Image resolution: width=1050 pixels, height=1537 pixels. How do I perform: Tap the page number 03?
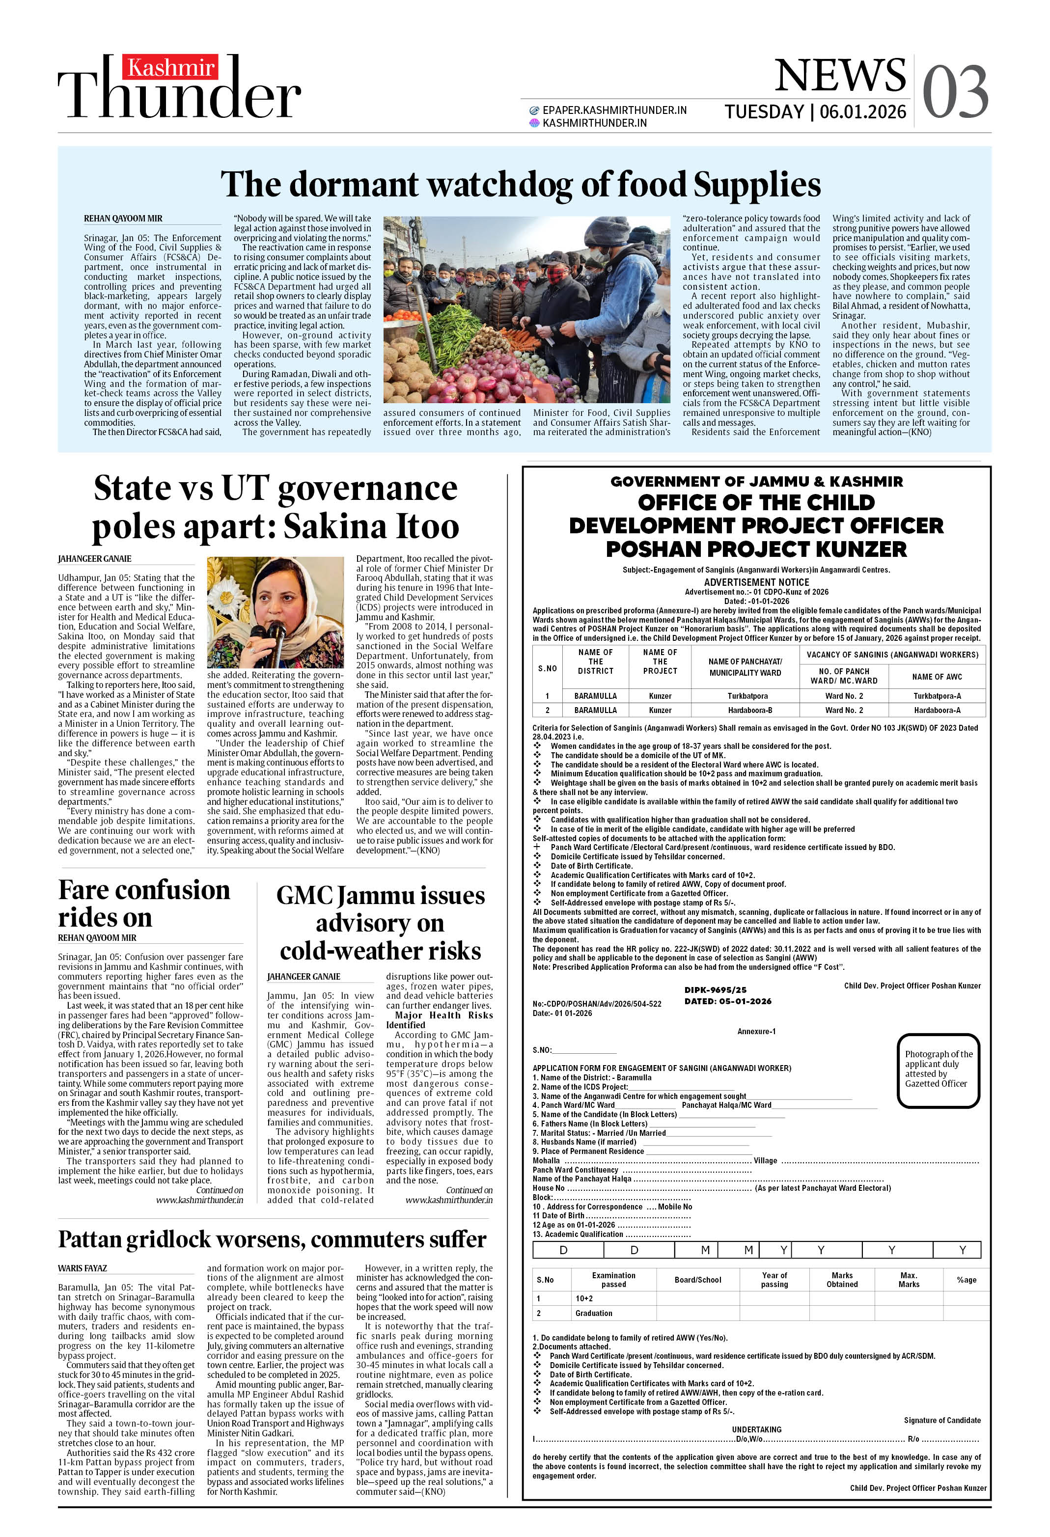(955, 93)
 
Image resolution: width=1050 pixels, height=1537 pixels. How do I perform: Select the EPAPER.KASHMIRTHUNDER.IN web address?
(614, 110)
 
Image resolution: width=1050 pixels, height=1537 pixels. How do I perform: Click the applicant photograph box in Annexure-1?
(938, 1070)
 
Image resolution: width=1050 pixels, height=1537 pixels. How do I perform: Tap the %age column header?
(966, 1280)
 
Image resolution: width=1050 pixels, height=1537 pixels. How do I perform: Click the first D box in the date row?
(564, 1250)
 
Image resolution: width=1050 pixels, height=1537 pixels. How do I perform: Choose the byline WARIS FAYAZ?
(83, 1268)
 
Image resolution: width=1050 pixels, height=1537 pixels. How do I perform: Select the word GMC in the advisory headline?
(304, 896)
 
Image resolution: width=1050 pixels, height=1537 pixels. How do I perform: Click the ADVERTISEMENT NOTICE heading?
(756, 582)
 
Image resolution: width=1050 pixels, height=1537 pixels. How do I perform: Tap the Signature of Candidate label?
(941, 1420)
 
